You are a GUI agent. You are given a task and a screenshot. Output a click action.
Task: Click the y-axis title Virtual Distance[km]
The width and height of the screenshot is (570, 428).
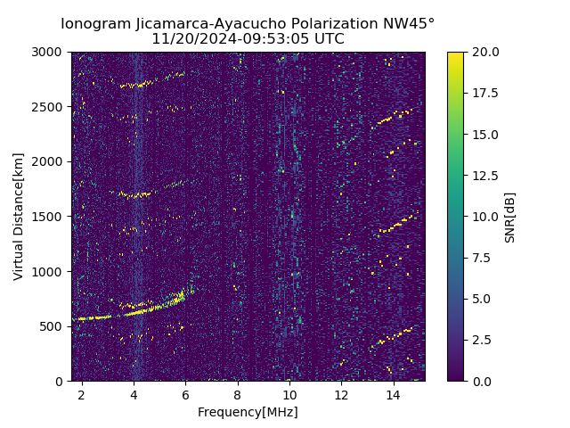point(19,216)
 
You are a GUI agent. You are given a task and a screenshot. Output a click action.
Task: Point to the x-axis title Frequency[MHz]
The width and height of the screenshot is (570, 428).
point(248,412)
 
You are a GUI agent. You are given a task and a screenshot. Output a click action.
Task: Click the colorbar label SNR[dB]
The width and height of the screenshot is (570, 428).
point(510,217)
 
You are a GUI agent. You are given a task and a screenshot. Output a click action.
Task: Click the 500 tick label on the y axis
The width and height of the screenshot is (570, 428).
point(53,326)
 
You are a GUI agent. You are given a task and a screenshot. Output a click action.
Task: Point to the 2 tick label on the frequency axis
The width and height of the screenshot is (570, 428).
point(82,394)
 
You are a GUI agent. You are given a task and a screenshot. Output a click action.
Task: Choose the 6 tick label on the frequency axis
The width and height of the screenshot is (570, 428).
point(185,394)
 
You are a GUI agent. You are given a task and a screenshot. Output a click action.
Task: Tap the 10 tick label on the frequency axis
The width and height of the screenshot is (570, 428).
point(289,394)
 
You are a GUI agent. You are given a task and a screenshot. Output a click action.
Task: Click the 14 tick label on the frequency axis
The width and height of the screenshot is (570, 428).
point(393,394)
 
